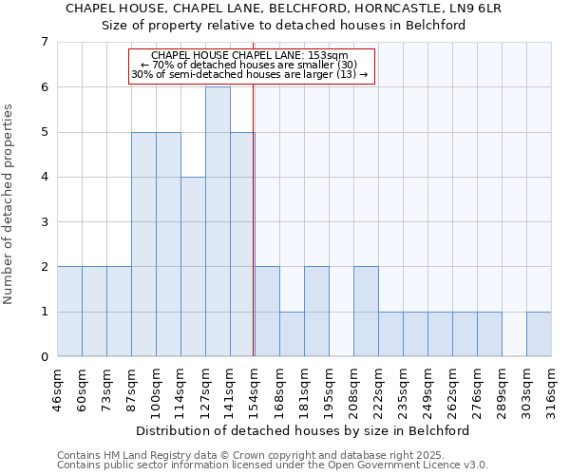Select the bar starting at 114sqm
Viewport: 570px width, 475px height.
(x=193, y=267)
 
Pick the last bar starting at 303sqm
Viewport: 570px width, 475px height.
(x=539, y=334)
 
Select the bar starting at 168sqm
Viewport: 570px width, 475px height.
(x=292, y=334)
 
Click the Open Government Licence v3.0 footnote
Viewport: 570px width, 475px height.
(x=273, y=465)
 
